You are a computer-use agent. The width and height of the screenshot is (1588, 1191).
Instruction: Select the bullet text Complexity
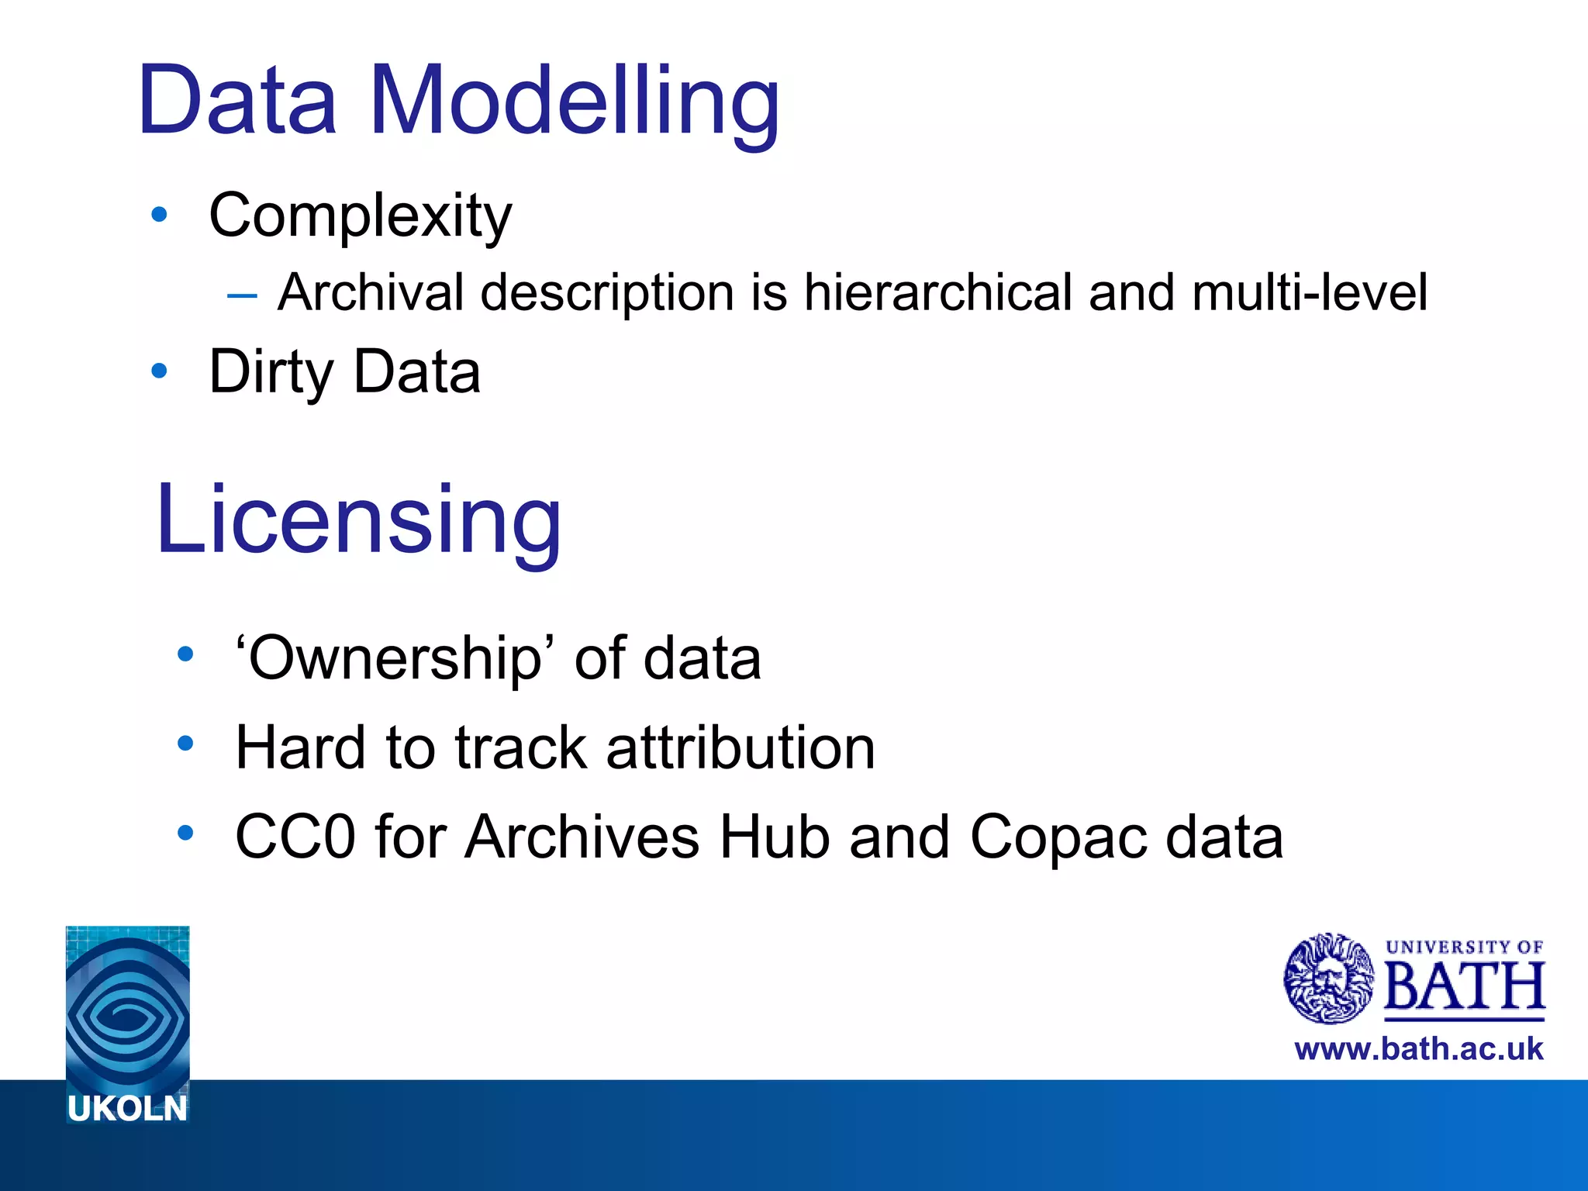360,216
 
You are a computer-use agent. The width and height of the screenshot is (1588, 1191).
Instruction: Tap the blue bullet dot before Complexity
159,215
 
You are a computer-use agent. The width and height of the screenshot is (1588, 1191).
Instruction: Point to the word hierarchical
937,292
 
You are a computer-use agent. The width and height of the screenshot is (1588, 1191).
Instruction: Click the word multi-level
1309,292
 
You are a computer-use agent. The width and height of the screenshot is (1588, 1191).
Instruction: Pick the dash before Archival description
242,295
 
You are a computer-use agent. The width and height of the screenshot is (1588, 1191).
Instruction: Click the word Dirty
271,372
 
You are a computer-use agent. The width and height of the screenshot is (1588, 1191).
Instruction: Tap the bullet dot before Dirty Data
159,371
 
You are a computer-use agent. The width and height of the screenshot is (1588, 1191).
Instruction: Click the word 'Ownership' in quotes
396,658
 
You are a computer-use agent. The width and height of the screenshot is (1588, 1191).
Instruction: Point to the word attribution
740,747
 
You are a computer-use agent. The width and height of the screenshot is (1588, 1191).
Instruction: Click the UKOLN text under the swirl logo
127,1109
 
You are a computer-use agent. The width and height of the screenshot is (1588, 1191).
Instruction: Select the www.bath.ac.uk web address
1418,1048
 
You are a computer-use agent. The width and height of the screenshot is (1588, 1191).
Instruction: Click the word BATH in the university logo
1464,986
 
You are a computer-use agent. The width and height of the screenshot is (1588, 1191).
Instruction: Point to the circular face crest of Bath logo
1328,979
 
